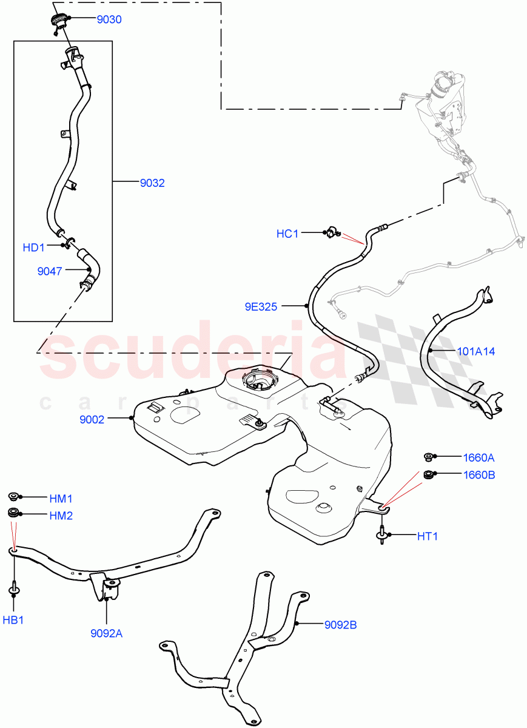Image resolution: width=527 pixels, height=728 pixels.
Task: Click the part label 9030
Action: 109,19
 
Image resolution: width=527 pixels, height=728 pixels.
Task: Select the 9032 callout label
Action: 152,183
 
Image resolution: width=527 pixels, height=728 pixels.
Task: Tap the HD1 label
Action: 34,248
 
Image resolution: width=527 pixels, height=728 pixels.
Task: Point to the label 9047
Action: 50,271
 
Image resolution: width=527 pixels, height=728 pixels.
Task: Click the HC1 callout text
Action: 287,234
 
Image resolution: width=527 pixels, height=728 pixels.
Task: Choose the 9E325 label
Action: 261,307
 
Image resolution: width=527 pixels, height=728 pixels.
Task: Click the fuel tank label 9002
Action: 92,419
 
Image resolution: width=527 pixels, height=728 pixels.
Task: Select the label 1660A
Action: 478,457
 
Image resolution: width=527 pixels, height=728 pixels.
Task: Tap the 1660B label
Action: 478,474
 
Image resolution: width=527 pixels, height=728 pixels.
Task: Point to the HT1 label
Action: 427,536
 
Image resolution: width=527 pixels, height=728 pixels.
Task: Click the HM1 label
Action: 61,499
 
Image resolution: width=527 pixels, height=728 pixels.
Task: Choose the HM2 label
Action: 61,516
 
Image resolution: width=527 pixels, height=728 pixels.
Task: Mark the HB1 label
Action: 13,620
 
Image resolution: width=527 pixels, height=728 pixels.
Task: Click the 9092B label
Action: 341,624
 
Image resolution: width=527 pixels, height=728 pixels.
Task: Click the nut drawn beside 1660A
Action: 428,457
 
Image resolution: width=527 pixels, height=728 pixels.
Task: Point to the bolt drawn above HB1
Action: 13,588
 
